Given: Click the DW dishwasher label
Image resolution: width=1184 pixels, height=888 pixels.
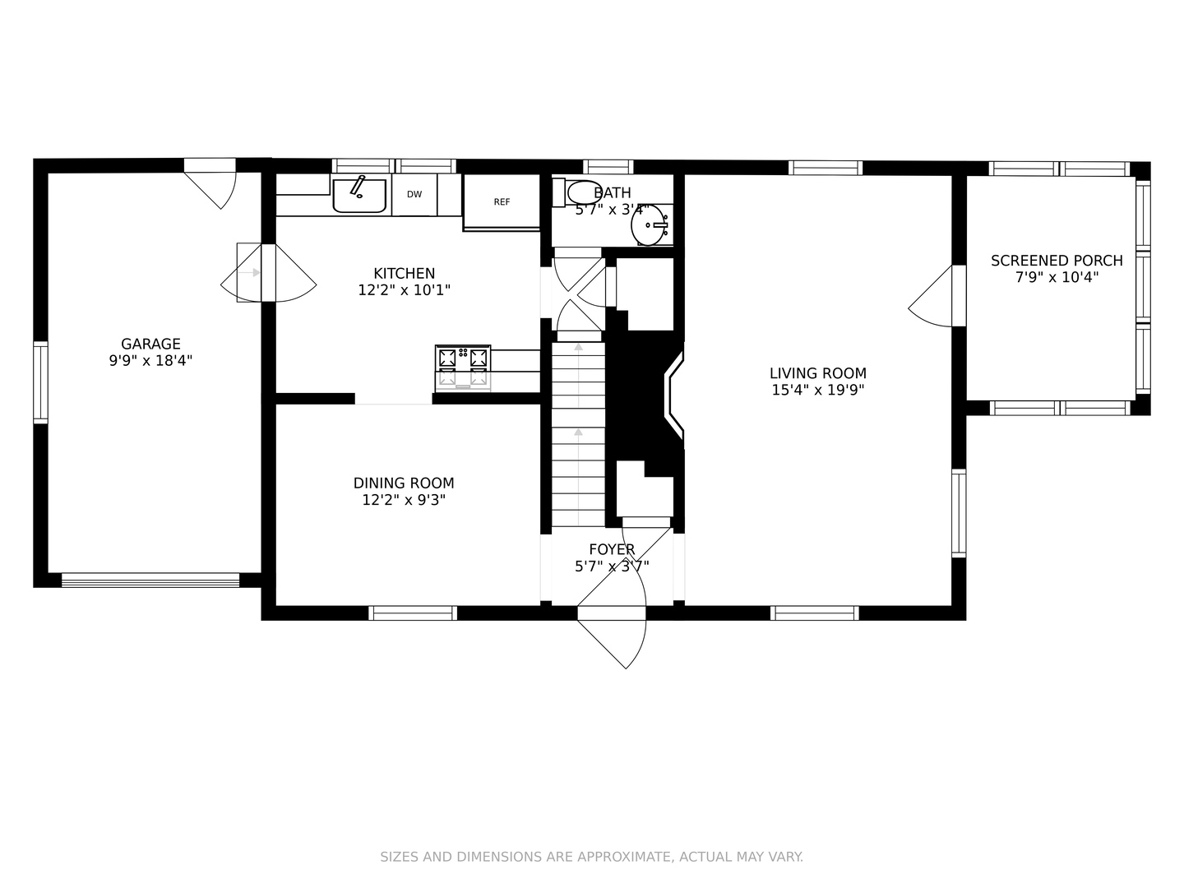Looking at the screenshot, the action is click(414, 195).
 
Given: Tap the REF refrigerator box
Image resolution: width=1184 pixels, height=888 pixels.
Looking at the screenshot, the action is click(502, 201).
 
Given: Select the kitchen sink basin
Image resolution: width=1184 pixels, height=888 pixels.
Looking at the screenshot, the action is click(359, 196).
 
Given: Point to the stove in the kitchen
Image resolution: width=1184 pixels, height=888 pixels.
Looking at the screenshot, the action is click(463, 368).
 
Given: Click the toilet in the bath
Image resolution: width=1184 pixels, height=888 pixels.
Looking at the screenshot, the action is click(577, 192).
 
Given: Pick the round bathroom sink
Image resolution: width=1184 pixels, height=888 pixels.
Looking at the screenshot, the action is click(649, 224).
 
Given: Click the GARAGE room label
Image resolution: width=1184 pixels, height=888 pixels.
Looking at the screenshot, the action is click(150, 344).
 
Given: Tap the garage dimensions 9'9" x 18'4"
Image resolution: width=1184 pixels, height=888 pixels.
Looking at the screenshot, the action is click(150, 361).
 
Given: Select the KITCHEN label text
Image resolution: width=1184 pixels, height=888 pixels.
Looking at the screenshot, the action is click(404, 273).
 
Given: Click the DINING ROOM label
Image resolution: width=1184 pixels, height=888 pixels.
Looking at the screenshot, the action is click(404, 483).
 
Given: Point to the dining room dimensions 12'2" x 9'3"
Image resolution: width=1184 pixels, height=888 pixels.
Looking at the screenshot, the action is click(404, 501).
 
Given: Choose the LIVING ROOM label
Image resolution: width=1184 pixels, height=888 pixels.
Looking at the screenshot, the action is click(818, 373).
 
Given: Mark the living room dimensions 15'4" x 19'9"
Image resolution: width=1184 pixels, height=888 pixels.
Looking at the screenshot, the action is click(818, 390).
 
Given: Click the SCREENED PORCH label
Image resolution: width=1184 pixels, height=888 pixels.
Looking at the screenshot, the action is click(1057, 261).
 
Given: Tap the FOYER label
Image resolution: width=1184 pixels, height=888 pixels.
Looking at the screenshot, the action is click(612, 549).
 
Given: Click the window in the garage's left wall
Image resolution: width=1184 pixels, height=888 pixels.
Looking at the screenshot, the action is click(40, 382).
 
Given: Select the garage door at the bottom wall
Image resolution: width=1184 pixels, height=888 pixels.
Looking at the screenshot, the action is click(150, 580).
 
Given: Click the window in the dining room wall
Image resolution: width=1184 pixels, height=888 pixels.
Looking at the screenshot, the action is click(414, 613).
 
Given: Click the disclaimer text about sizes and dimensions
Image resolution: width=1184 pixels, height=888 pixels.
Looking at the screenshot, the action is click(592, 857).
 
